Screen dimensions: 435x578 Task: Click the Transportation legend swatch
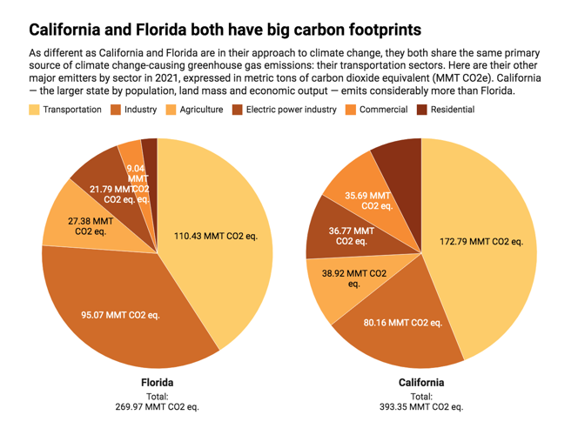pos(34,110)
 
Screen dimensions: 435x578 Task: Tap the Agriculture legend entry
pos(200,110)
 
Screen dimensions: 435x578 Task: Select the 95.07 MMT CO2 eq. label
pos(120,314)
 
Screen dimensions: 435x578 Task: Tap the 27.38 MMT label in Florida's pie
pos(91,226)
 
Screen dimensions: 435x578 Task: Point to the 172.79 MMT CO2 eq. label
pos(481,241)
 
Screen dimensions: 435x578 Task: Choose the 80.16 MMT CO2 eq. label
pos(403,323)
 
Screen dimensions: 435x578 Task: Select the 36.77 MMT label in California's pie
pos(351,236)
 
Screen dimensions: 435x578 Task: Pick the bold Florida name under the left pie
pos(158,383)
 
